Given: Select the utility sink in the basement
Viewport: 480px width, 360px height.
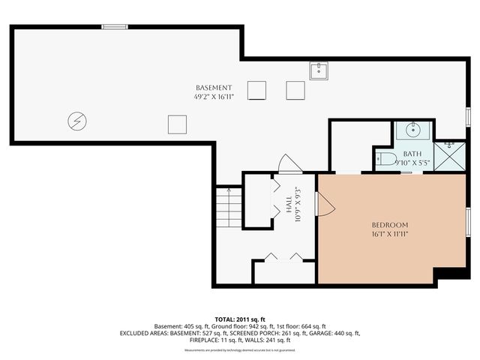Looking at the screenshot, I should click(x=319, y=71).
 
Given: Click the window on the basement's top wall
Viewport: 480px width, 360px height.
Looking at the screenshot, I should click(x=115, y=27).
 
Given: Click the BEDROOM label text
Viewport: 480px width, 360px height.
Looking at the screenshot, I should click(x=390, y=225).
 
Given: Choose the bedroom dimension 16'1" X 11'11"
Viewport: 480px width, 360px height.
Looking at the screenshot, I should click(x=390, y=234).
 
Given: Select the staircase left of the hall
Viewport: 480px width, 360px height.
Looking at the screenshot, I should click(x=227, y=207).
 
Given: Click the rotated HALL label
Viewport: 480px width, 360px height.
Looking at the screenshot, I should click(x=289, y=204).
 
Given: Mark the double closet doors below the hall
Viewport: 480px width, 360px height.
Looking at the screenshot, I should click(x=284, y=257).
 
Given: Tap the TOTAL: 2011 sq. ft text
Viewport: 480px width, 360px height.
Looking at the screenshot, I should click(x=240, y=319).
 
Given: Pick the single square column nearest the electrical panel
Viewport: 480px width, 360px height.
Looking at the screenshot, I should click(x=177, y=124).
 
